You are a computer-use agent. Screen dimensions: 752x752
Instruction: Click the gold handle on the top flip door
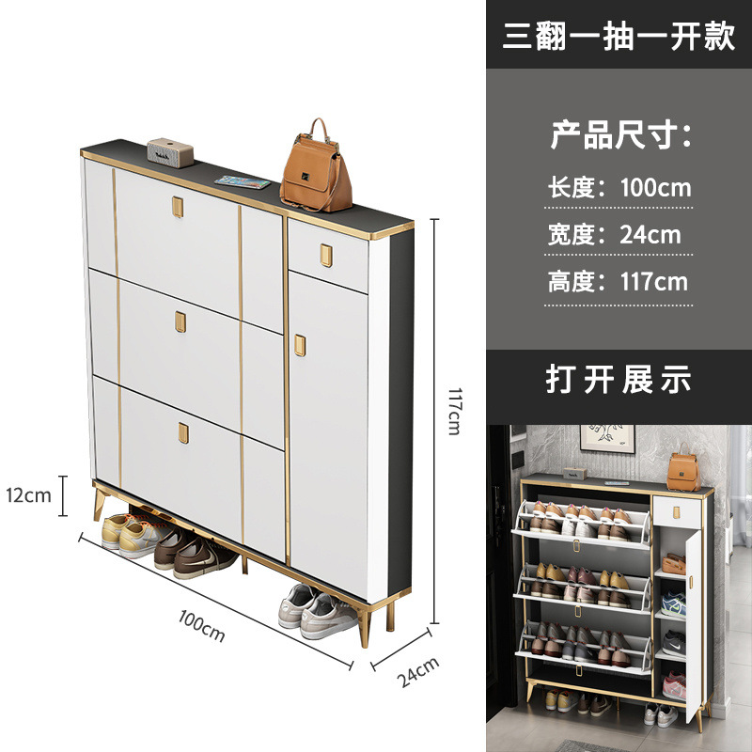click(179, 206)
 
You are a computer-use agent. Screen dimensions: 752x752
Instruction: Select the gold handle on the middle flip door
click(180, 321)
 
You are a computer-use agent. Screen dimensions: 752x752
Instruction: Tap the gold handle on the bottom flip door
click(182, 433)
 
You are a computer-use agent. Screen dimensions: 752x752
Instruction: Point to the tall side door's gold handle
click(300, 345)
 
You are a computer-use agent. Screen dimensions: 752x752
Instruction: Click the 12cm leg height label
click(28, 495)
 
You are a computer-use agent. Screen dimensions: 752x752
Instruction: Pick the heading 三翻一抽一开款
click(618, 35)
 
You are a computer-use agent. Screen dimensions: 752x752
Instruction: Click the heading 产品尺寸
click(619, 135)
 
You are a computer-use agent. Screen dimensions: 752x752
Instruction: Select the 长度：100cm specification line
click(619, 187)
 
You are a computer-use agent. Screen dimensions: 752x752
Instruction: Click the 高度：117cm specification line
click(618, 280)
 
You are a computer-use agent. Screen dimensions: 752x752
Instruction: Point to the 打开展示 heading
click(619, 379)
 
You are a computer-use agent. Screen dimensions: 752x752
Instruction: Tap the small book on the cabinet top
click(242, 180)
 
